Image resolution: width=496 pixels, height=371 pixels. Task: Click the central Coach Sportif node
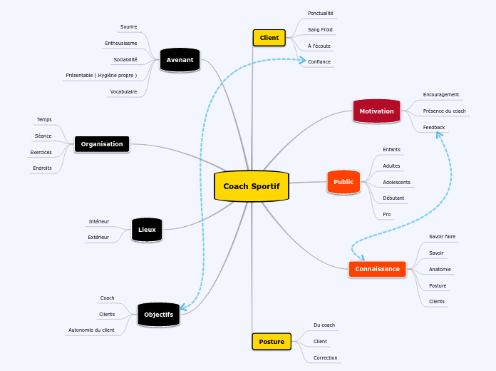[x=251, y=186]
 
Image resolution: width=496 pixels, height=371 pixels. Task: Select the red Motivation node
[x=376, y=111]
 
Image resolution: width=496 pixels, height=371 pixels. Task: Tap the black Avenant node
[x=180, y=60]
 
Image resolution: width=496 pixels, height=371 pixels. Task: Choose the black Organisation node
[x=102, y=144]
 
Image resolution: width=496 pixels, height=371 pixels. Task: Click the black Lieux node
[x=147, y=230]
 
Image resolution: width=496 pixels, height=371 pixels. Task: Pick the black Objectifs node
[x=158, y=315]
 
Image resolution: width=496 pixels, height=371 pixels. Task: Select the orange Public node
[x=343, y=182]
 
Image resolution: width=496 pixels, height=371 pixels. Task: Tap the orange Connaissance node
[x=377, y=269]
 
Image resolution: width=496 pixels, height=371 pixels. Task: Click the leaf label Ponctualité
[x=320, y=14]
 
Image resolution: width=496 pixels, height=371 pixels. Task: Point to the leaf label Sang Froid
[x=320, y=30]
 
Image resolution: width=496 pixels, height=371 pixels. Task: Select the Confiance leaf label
[x=319, y=62]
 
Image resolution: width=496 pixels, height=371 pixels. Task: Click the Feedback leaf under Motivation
[x=434, y=127]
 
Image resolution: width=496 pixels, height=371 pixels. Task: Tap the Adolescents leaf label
[x=396, y=182]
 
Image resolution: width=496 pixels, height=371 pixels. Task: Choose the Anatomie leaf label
[x=440, y=269]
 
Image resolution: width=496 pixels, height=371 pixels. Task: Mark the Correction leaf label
[x=326, y=357]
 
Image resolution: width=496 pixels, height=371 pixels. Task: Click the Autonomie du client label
[x=91, y=330]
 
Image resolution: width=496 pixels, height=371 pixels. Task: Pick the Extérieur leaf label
[x=98, y=237]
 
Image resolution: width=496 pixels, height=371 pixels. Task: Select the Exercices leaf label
[x=41, y=152]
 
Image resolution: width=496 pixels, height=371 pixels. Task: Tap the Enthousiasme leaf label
[x=121, y=43]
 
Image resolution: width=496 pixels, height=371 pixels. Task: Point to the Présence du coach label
[x=444, y=111]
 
